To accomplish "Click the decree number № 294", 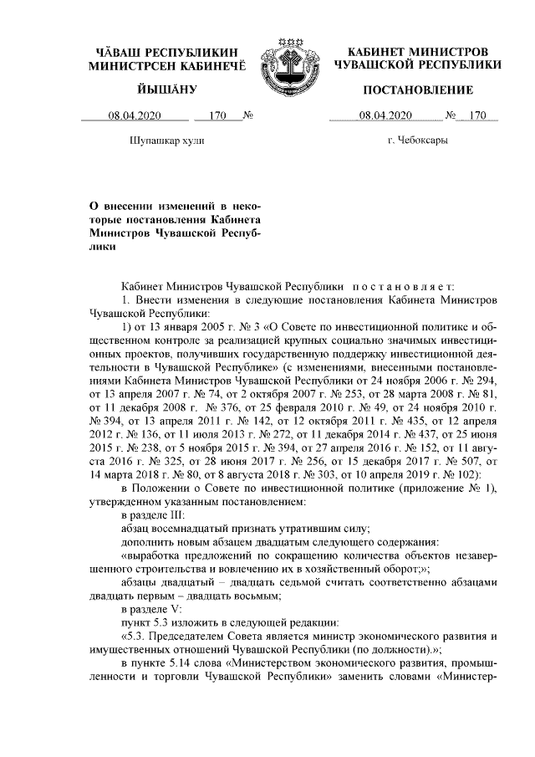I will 481,378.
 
